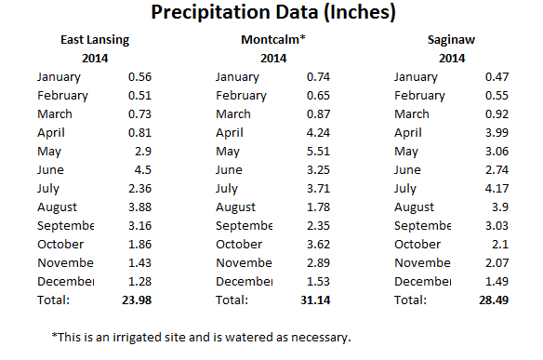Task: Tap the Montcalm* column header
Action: click(272, 41)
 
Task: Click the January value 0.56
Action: click(138, 77)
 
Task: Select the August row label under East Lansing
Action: click(58, 207)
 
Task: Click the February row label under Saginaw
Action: click(419, 96)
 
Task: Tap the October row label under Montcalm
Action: click(239, 244)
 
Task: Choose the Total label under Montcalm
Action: click(232, 300)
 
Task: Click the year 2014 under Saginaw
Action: click(451, 59)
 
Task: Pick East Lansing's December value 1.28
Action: click(138, 281)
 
